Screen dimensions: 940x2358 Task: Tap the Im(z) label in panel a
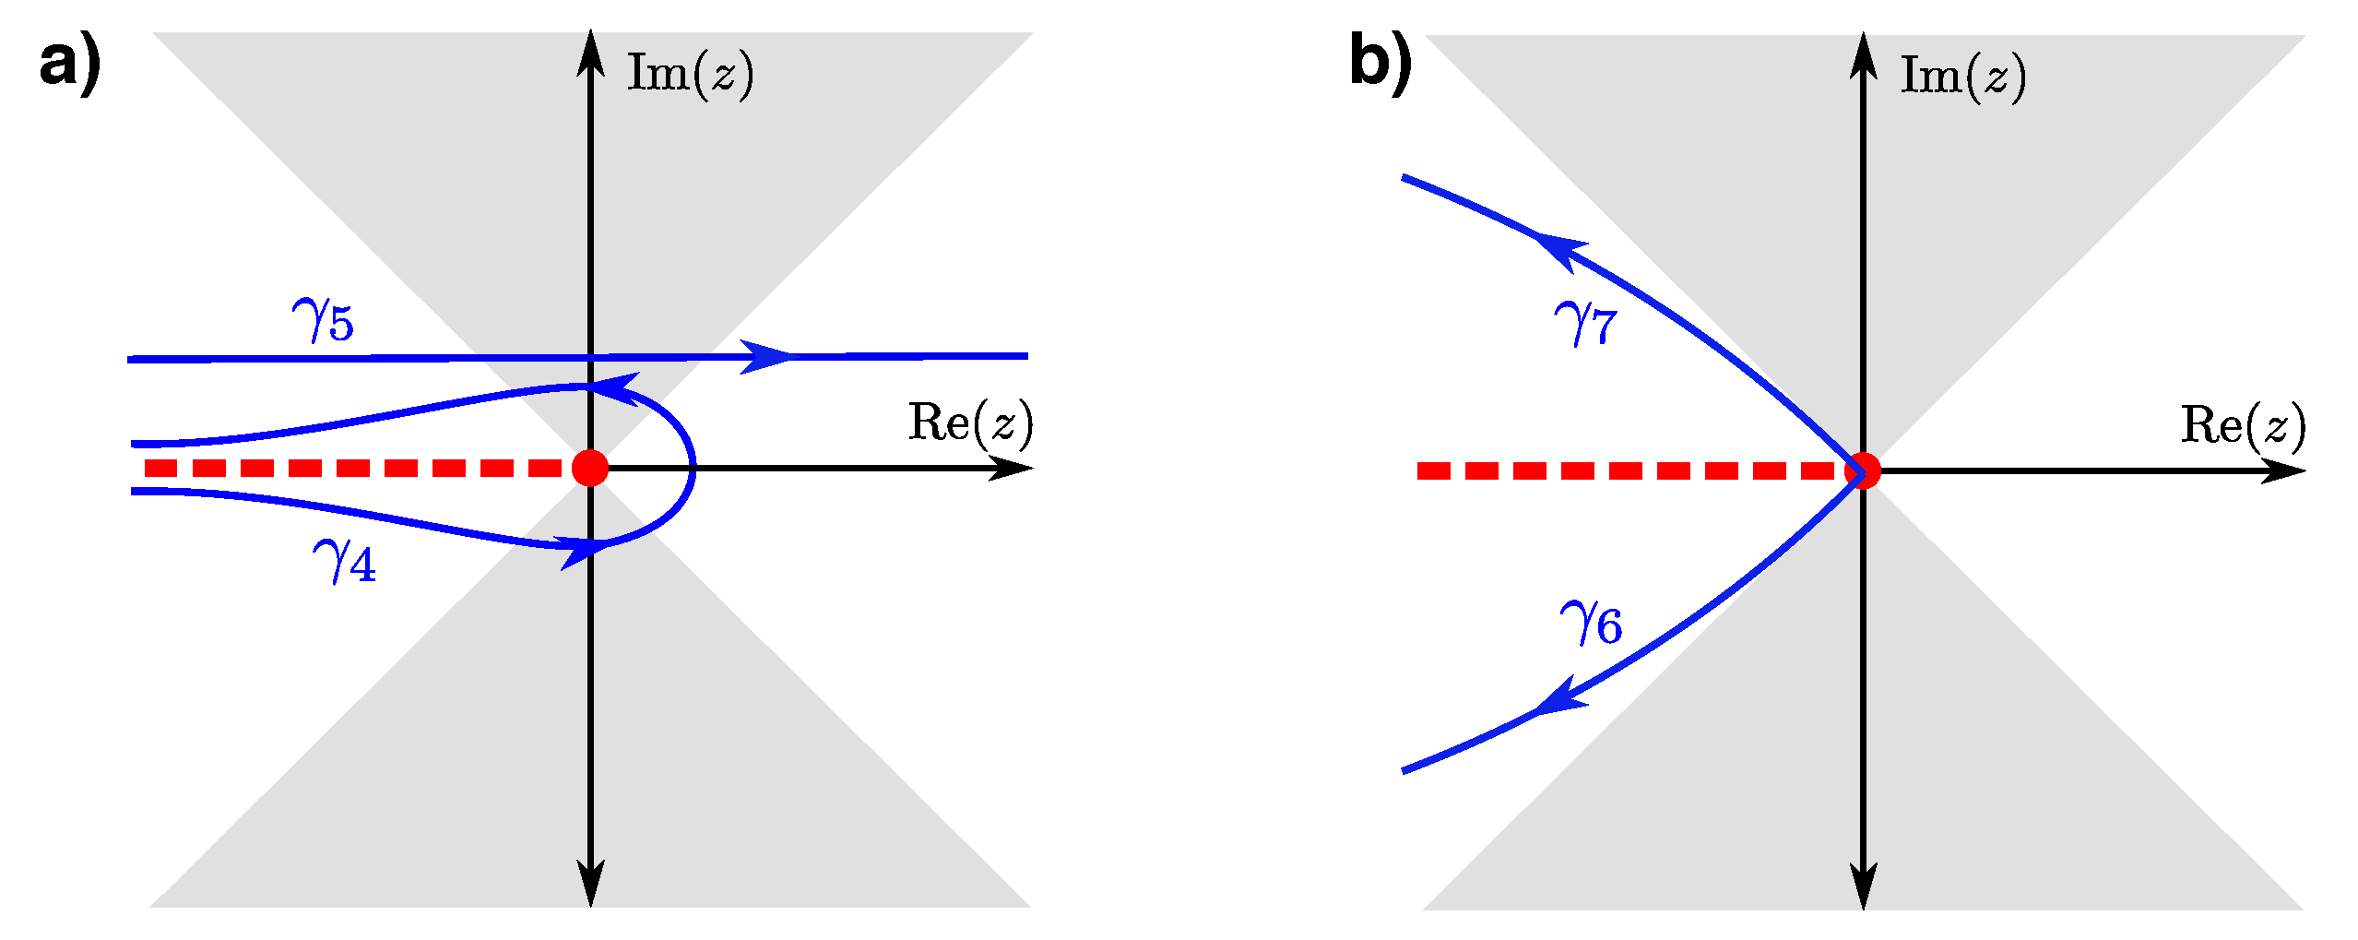(690, 74)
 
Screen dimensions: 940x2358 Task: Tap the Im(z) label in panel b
(1962, 77)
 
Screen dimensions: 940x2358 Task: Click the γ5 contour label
(323, 319)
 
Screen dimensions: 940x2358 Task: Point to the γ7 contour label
(1585, 324)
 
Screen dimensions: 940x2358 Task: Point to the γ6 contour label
(1591, 623)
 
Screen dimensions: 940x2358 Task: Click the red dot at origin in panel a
(590, 468)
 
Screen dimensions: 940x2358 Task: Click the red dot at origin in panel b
(1863, 470)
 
